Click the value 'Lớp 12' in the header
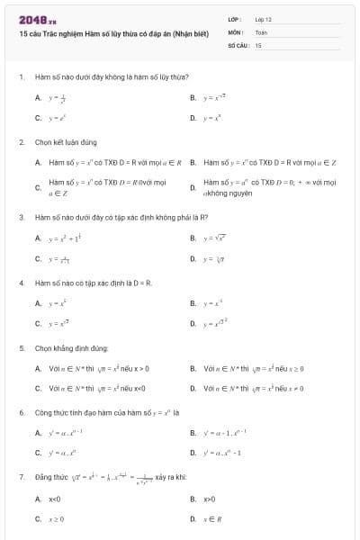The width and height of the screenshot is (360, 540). pyautogui.click(x=263, y=19)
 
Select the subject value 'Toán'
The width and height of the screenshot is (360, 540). pyautogui.click(x=261, y=31)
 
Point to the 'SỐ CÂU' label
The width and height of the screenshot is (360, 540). pyautogui.click(x=238, y=44)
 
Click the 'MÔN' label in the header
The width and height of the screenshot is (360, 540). pyautogui.click(x=235, y=31)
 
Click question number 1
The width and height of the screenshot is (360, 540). pyautogui.click(x=21, y=77)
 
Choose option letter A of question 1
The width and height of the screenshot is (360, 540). pyautogui.click(x=38, y=97)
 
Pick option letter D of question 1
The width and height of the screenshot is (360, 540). pyautogui.click(x=193, y=118)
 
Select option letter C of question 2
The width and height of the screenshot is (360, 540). pyautogui.click(x=38, y=187)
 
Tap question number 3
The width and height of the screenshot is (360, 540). pyautogui.click(x=21, y=217)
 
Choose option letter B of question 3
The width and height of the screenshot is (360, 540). pyautogui.click(x=193, y=238)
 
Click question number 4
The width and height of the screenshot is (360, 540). pyautogui.click(x=21, y=283)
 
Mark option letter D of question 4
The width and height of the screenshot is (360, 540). pyautogui.click(x=193, y=323)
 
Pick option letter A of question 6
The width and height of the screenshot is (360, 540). pyautogui.click(x=38, y=433)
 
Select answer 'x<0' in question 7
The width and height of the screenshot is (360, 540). pyautogui.click(x=55, y=499)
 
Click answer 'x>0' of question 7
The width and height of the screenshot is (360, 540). pyautogui.click(x=210, y=499)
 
